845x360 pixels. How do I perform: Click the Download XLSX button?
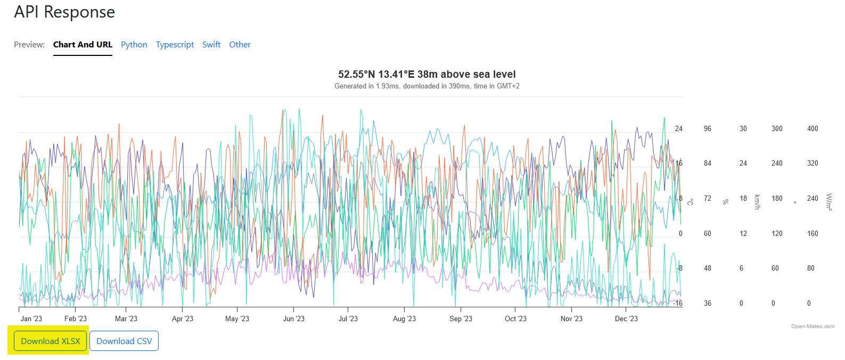click(x=51, y=341)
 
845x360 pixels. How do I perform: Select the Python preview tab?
click(x=134, y=45)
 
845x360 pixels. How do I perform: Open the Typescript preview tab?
click(x=175, y=45)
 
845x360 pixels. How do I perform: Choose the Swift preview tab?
click(x=211, y=45)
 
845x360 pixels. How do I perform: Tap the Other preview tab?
click(x=240, y=45)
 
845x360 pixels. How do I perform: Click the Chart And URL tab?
click(x=83, y=45)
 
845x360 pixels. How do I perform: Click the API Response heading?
click(x=64, y=12)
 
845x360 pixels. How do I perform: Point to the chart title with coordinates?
click(x=426, y=75)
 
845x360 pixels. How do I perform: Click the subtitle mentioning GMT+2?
click(x=426, y=86)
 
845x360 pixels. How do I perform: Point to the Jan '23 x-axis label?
click(x=31, y=319)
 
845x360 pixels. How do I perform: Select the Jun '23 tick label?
click(x=293, y=319)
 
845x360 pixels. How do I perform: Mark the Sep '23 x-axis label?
click(x=461, y=319)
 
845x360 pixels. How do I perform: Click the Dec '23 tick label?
click(x=626, y=319)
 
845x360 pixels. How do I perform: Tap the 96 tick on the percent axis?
click(x=707, y=129)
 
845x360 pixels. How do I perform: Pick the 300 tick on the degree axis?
click(x=777, y=129)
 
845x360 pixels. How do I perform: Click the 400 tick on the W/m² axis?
click(x=813, y=129)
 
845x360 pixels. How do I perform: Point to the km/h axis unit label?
click(x=757, y=202)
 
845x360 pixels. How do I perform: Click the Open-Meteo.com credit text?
click(x=813, y=326)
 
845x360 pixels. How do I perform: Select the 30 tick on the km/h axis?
click(x=743, y=129)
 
